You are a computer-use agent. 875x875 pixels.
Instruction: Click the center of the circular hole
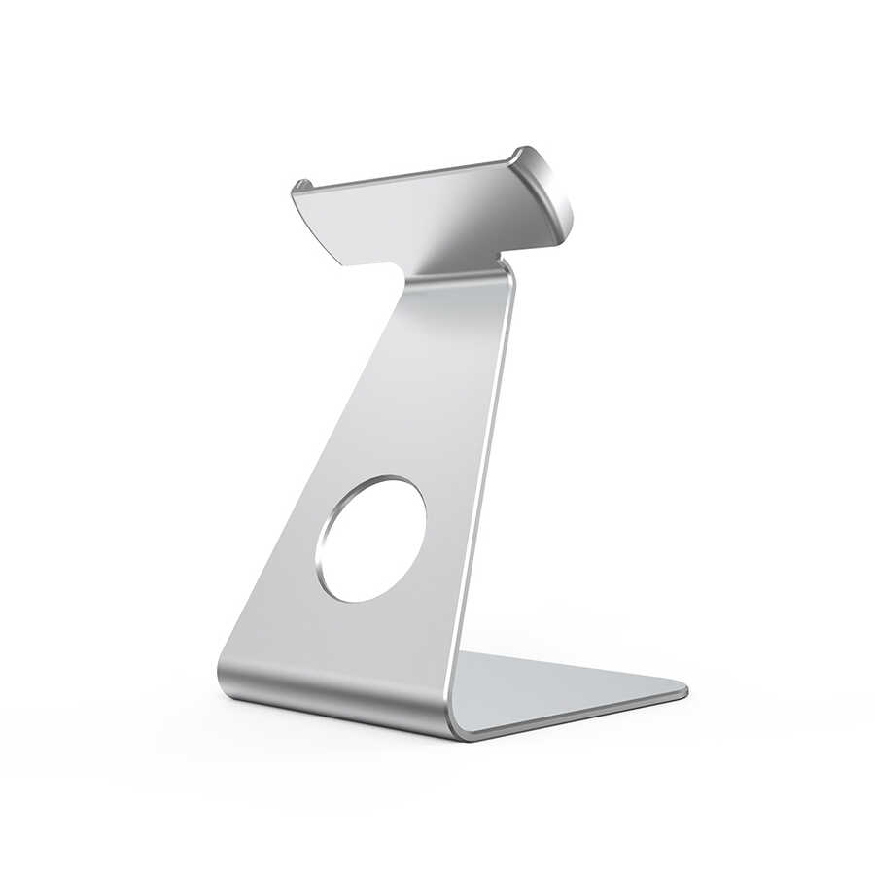370,539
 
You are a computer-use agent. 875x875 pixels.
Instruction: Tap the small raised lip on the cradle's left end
299,186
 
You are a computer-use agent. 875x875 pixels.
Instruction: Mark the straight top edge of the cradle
408,171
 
